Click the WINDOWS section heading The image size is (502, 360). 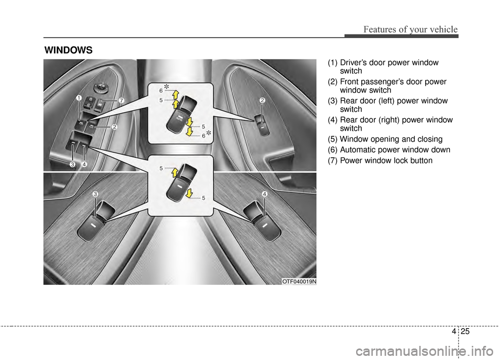coord(69,51)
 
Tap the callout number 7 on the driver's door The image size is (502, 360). coord(120,100)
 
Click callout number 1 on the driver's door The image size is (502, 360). coord(77,98)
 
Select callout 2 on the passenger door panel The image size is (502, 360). coord(262,100)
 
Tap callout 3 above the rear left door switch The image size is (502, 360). coord(95,194)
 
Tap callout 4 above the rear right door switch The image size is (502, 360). coord(265,194)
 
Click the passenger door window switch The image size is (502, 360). coord(260,124)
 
